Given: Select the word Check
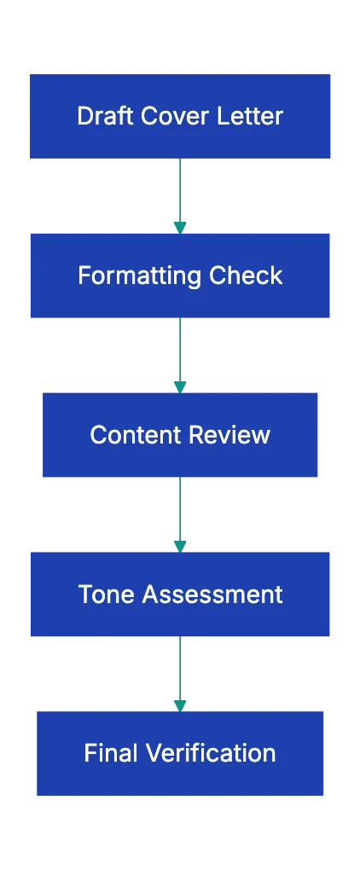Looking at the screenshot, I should tap(246, 275).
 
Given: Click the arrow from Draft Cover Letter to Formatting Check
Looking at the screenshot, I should tap(180, 194).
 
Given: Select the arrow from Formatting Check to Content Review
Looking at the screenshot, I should tap(180, 353).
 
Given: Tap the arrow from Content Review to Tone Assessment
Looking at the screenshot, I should tap(180, 512).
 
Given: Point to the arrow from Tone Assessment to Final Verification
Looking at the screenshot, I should tap(180, 672).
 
